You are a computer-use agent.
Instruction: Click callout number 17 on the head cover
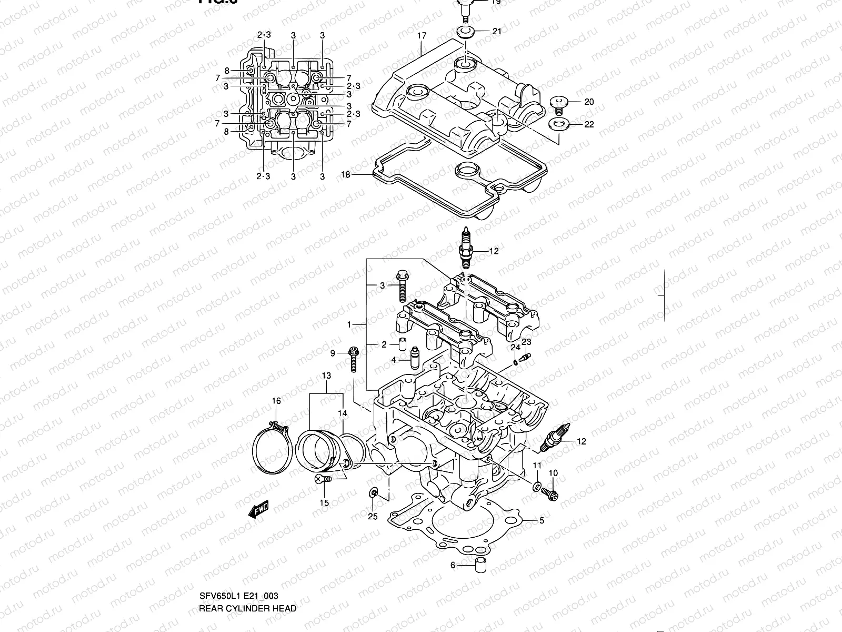click(x=422, y=36)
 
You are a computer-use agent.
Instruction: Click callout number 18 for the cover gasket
click(x=346, y=174)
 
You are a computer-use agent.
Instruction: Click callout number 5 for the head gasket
click(x=541, y=520)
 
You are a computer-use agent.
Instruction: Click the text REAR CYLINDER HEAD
click(x=247, y=608)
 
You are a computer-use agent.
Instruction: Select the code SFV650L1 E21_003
click(x=238, y=596)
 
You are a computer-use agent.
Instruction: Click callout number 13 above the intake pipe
click(x=326, y=376)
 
